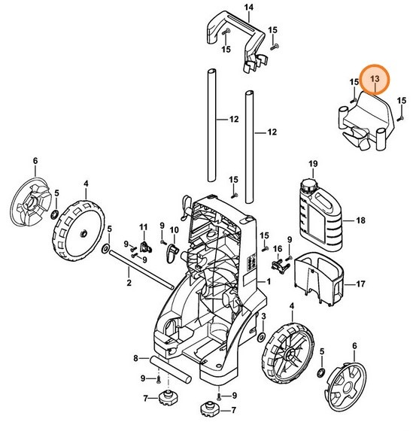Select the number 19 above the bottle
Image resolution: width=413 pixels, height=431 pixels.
pos(313,163)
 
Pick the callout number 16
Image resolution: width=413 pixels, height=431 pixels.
pos(277,249)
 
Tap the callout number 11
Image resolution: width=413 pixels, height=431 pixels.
pos(144,226)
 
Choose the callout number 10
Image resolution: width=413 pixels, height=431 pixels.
pos(173,229)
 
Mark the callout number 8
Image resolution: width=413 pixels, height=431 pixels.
pos(136,357)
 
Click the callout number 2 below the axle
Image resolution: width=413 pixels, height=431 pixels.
pos(129,283)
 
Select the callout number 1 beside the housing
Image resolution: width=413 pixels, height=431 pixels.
pos(266,281)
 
